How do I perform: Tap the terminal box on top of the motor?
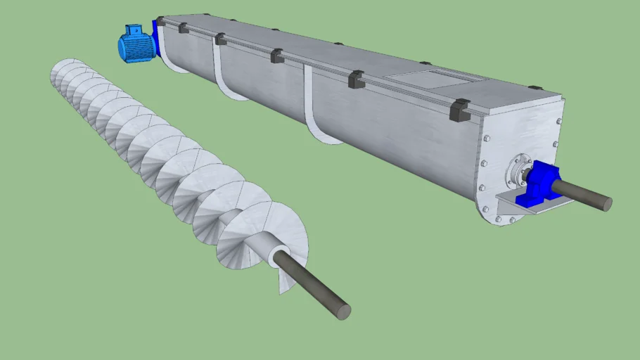[133, 30]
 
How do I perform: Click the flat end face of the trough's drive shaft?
[606, 204]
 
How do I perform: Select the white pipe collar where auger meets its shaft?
[280, 255]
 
